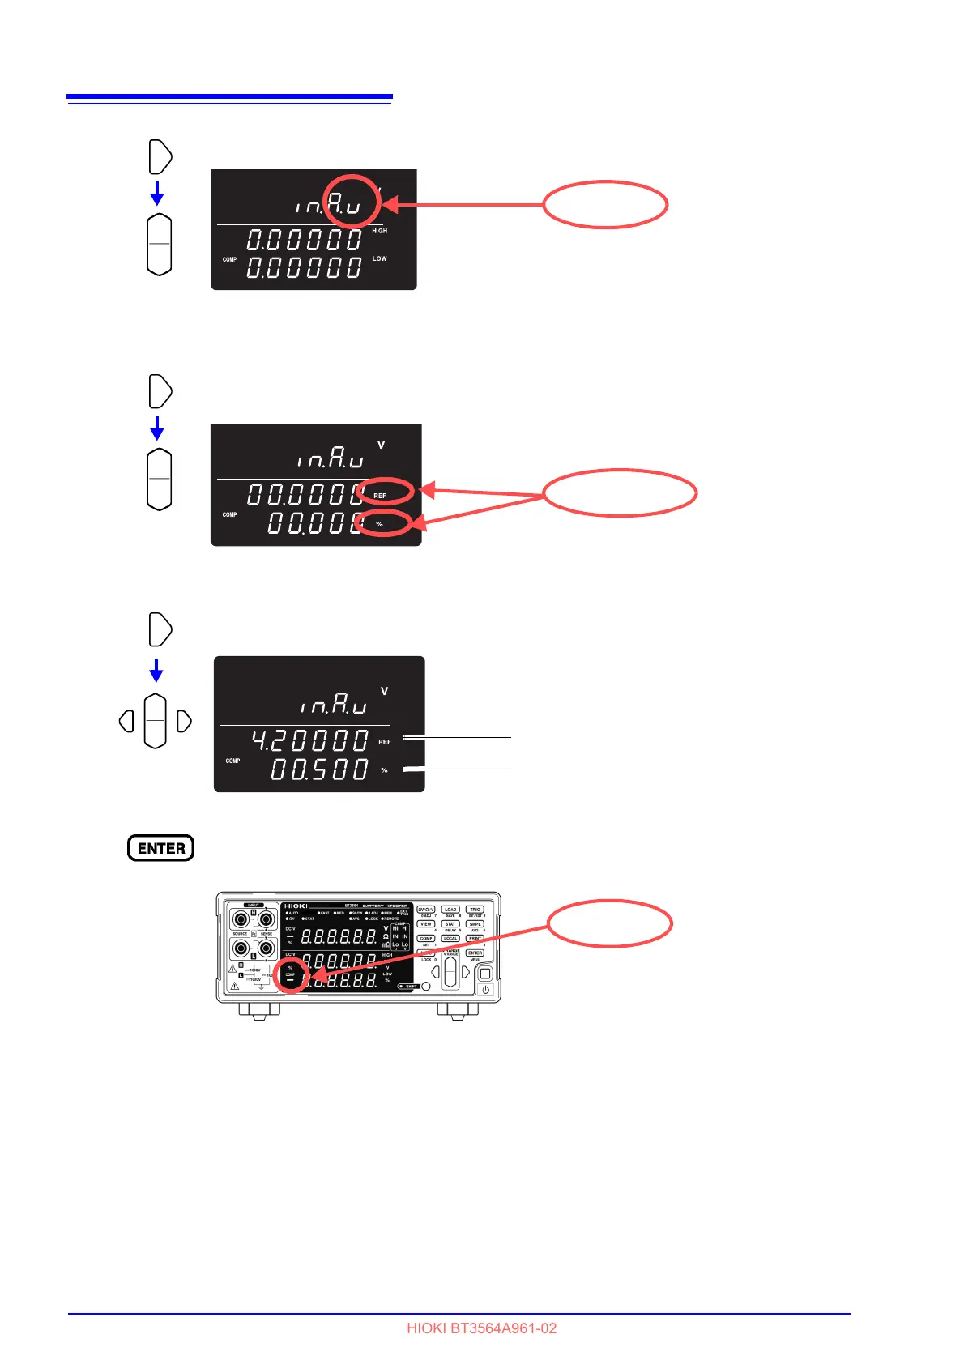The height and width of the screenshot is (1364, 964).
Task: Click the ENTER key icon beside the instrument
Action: coord(160,848)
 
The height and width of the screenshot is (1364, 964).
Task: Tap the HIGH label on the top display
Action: coord(379,231)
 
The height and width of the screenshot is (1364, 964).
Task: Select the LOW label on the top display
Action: coord(379,258)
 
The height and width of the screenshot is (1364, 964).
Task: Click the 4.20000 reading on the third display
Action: coord(309,740)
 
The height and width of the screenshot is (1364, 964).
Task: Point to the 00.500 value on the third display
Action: coord(319,769)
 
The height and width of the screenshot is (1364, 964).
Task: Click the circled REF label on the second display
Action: coord(380,495)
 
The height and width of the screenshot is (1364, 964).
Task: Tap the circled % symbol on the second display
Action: coord(379,524)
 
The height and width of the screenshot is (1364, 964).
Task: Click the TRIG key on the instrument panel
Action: coord(475,910)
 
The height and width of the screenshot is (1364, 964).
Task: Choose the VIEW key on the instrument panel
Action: coord(426,924)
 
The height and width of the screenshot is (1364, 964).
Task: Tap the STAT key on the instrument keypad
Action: coord(450,924)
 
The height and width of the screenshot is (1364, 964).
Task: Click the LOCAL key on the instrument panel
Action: coord(450,938)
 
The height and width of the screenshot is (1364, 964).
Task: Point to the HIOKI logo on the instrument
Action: coord(296,906)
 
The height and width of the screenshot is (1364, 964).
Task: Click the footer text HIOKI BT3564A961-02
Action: coord(481,1328)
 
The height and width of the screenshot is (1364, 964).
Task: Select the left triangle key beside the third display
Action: coord(126,721)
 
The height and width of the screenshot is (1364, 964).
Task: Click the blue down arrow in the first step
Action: coord(157,194)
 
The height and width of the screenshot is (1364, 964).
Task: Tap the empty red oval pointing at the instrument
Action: coord(609,923)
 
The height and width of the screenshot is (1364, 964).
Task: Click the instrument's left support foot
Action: coord(259,1010)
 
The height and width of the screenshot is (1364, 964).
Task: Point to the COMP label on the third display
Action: coord(232,761)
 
